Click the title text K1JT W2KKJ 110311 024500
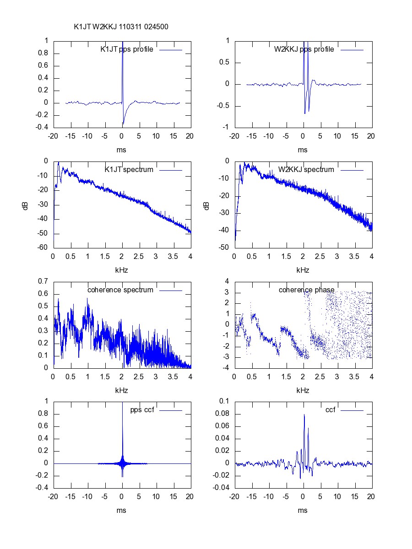pyautogui.click(x=121, y=27)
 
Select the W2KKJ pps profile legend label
pyautogui.click(x=304, y=49)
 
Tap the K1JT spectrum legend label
pyautogui.click(x=129, y=169)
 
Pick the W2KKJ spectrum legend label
pyautogui.click(x=306, y=169)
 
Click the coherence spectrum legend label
pyautogui.click(x=120, y=290)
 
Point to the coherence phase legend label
pyautogui.click(x=306, y=290)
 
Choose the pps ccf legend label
pyautogui.click(x=141, y=410)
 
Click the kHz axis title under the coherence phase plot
pyautogui.click(x=303, y=390)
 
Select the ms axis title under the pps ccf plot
pyautogui.click(x=122, y=511)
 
